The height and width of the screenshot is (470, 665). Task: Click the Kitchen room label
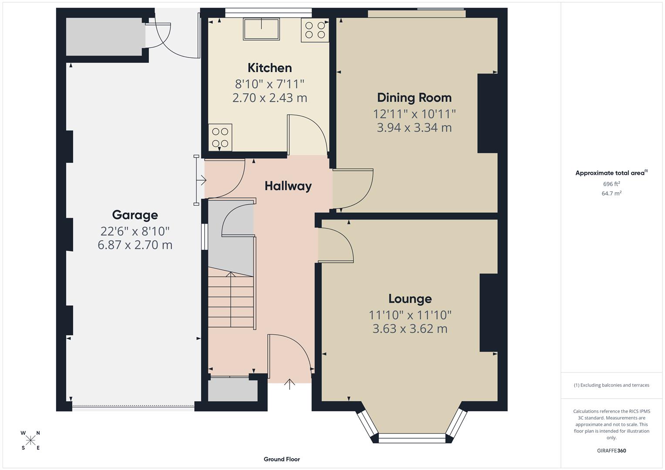(x=270, y=68)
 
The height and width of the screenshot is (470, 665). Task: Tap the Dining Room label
(x=414, y=97)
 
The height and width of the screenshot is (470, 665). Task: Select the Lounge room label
(x=410, y=299)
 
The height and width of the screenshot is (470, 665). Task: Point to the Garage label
(x=135, y=215)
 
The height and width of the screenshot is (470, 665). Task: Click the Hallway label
(x=288, y=186)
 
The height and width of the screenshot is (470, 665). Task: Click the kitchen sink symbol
(x=261, y=29)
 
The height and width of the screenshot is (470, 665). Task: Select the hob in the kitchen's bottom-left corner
(x=220, y=137)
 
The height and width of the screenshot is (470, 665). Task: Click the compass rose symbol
(x=30, y=440)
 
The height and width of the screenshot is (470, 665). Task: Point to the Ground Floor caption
(x=281, y=459)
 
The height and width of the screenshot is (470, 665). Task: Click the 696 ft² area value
(x=611, y=184)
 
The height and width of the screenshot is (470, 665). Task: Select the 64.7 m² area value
(x=611, y=194)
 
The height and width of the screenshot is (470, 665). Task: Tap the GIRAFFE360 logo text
(x=611, y=450)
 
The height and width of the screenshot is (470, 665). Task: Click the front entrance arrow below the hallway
(x=290, y=384)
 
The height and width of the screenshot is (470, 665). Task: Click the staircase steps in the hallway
(x=230, y=300)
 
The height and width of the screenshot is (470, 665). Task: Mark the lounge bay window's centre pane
(x=412, y=438)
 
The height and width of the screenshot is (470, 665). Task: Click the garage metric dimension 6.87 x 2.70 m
(x=135, y=245)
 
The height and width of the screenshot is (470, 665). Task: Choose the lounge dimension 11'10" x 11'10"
(x=410, y=315)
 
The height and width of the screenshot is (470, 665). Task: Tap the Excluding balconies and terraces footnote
(x=611, y=385)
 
